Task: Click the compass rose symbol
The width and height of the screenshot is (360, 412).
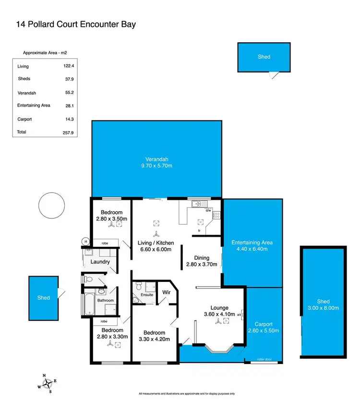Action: tap(48, 383)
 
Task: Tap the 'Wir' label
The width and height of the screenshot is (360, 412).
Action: tap(167, 292)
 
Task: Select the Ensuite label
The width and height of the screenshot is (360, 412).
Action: tap(147, 294)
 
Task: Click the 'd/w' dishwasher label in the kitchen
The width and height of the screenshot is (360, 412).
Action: tap(208, 210)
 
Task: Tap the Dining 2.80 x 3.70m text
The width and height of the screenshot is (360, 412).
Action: tap(201, 261)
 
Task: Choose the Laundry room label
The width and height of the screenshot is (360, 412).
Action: tap(100, 262)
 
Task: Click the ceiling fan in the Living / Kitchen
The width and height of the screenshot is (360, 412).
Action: tap(156, 234)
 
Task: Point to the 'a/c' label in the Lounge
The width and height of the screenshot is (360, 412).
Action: tap(240, 315)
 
